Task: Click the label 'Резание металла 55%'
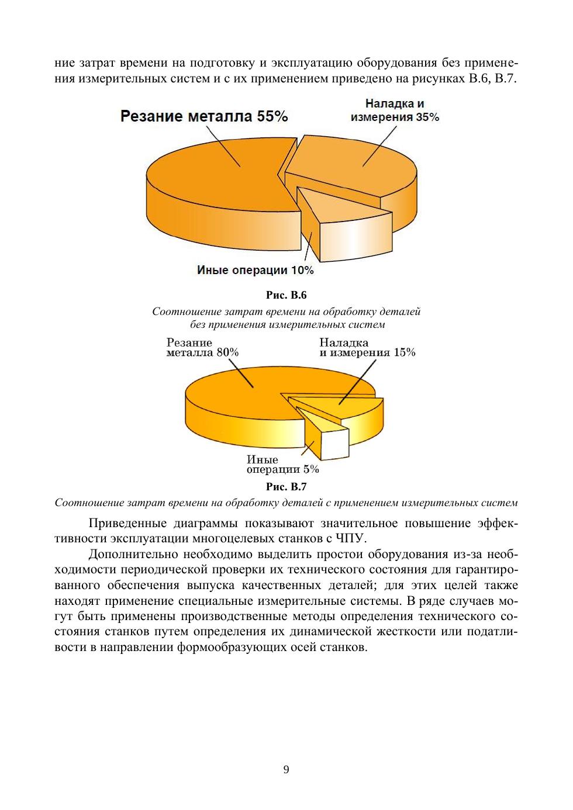pyautogui.click(x=204, y=116)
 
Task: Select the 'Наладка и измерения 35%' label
pyautogui.click(x=395, y=110)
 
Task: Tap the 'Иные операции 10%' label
pyautogui.click(x=255, y=271)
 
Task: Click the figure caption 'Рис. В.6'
pyautogui.click(x=286, y=295)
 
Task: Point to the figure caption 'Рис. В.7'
pyautogui.click(x=286, y=486)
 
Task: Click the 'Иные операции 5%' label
pyautogui.click(x=283, y=465)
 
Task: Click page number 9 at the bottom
pyautogui.click(x=286, y=770)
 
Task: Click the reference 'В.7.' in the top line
pyautogui.click(x=506, y=78)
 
